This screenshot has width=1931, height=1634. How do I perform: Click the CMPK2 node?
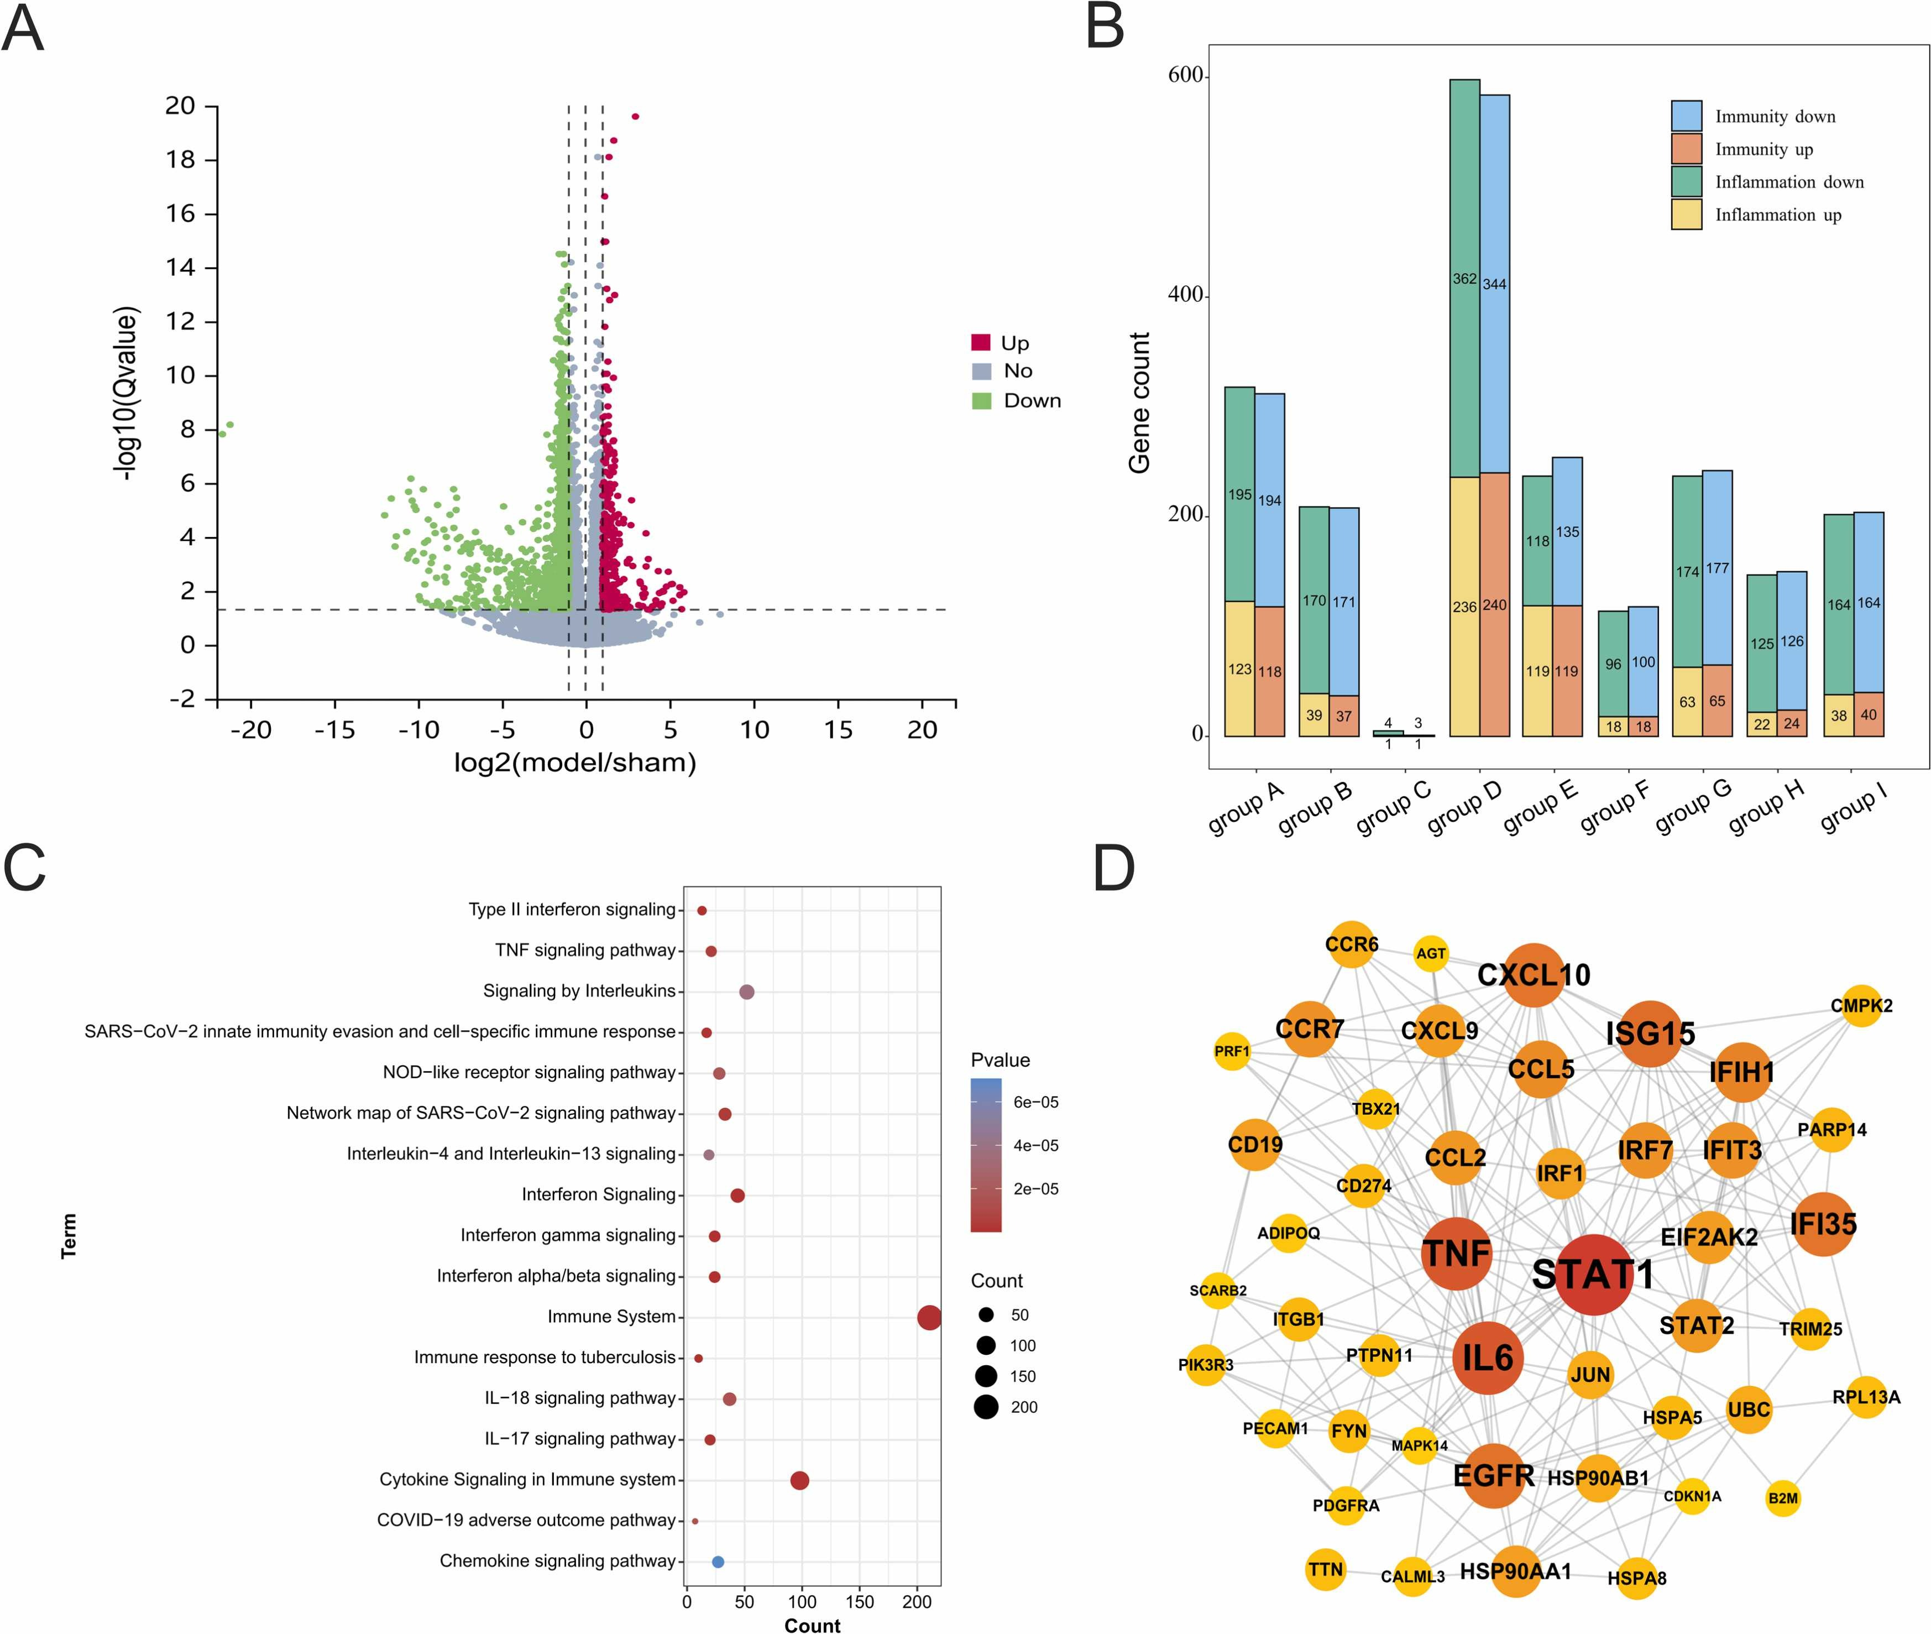click(1861, 1006)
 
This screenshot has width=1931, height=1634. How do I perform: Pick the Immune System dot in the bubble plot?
click(929, 1317)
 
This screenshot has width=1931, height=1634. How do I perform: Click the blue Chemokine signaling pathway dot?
click(718, 1562)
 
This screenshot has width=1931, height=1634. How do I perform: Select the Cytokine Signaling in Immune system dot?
click(799, 1480)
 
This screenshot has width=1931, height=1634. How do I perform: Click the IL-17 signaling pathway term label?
click(580, 1439)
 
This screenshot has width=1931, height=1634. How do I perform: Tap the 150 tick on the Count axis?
click(860, 1601)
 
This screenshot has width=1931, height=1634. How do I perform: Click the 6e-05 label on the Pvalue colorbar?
click(1035, 1102)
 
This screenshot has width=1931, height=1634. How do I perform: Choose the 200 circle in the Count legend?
click(986, 1408)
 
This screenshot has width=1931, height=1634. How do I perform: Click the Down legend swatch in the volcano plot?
click(982, 401)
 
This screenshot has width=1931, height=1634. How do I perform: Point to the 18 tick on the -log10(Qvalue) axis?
click(181, 159)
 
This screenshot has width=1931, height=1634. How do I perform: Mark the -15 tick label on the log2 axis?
click(334, 730)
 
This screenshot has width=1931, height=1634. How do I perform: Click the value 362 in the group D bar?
click(1464, 279)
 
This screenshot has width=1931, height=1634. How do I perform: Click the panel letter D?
click(1114, 868)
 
